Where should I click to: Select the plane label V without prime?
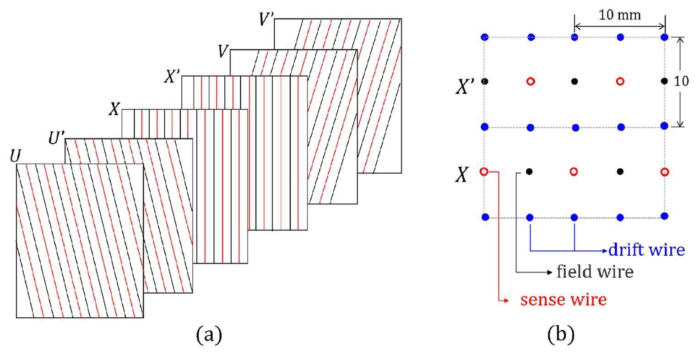[x=223, y=51]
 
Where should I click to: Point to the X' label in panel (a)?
[x=172, y=77]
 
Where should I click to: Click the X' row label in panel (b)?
[x=465, y=86]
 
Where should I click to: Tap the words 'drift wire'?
[x=646, y=250]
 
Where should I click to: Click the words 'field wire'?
[x=595, y=272]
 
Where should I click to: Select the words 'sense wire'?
[x=563, y=300]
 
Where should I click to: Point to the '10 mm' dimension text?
[x=620, y=15]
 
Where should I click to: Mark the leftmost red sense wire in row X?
[x=484, y=172]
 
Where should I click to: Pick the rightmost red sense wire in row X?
[x=665, y=172]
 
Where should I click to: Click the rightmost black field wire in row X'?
[x=664, y=81]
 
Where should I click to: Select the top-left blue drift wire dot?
[x=485, y=37]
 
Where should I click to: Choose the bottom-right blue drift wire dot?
[x=665, y=215]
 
